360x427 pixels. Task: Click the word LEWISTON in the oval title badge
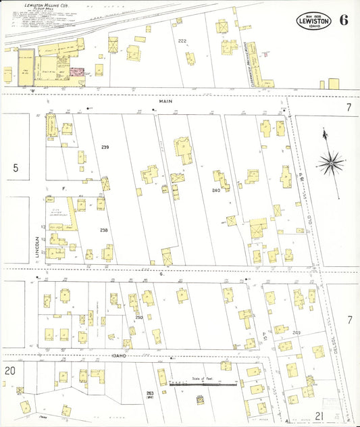pos(314,21)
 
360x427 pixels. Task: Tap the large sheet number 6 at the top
pos(344,19)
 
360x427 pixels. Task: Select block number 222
pos(182,41)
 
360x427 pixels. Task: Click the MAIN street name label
pos(166,101)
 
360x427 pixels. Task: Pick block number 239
pos(105,147)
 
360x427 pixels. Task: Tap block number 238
pos(103,230)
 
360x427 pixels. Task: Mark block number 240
pos(215,191)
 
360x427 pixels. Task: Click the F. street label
pos(63,189)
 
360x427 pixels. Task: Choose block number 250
pos(138,318)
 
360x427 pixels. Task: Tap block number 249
pos(296,332)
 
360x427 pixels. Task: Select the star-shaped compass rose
pos(330,162)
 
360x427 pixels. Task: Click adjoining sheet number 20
pos(9,371)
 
